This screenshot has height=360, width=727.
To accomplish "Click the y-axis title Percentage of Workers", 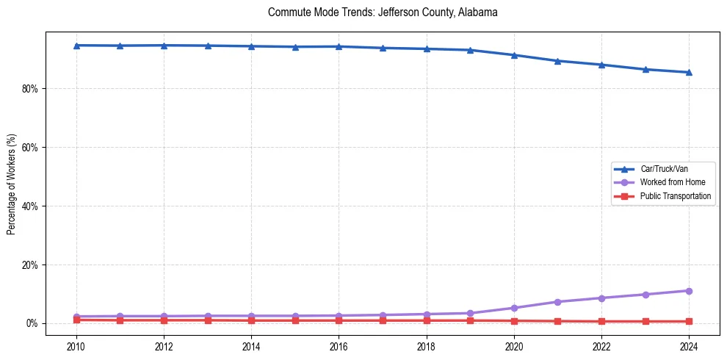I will click(12, 184).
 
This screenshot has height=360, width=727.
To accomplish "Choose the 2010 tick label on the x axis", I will click(76, 345).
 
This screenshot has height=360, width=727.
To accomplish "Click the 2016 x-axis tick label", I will click(339, 345).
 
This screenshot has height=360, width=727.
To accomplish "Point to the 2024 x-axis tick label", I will click(689, 345).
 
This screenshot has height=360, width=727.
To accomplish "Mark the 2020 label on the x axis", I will click(514, 345).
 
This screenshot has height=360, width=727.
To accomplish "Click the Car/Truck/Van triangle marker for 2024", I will click(689, 72).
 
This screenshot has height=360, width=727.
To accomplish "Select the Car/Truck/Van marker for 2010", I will click(76, 46).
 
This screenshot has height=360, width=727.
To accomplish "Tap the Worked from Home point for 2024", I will click(689, 291).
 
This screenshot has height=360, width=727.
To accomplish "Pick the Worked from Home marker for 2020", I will click(514, 308).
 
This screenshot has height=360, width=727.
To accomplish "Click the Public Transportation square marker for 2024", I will click(689, 321).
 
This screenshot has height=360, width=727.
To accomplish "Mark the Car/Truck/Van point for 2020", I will click(514, 55).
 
